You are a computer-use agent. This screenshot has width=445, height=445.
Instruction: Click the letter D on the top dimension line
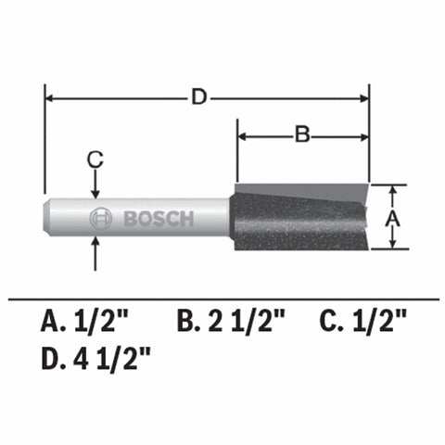(x=198, y=96)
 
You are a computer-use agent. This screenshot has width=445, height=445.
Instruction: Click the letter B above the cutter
(x=301, y=135)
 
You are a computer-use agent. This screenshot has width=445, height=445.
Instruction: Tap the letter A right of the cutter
(x=392, y=218)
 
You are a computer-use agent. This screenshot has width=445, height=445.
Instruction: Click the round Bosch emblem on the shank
(x=100, y=220)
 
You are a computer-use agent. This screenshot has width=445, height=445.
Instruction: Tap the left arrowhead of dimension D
(x=52, y=96)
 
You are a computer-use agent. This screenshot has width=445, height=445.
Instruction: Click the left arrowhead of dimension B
(x=245, y=135)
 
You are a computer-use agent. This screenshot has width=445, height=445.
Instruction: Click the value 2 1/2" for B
(x=245, y=324)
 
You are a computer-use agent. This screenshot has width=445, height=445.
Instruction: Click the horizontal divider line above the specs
(x=222, y=299)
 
